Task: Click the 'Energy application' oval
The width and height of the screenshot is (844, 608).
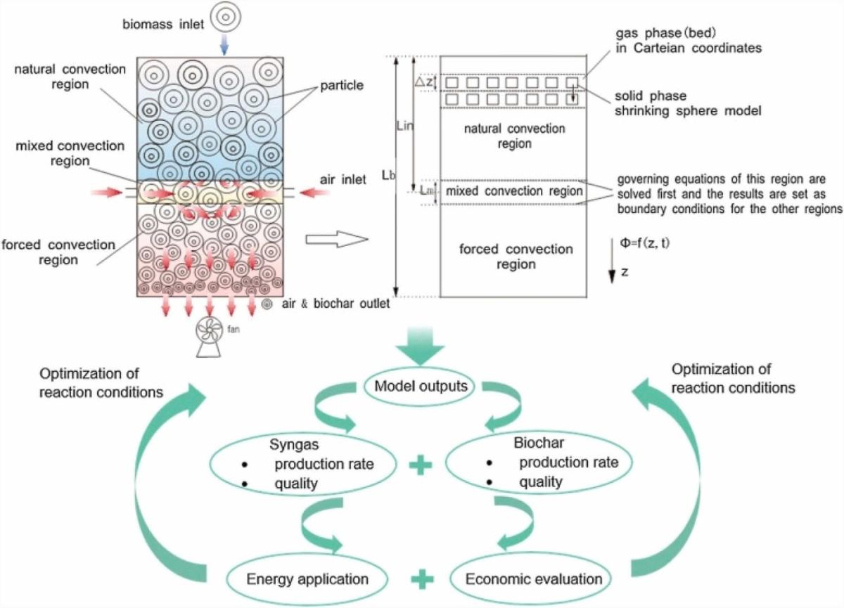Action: (308, 579)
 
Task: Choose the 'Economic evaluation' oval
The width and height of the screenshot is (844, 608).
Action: (534, 579)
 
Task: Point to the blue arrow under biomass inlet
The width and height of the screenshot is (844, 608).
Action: (223, 46)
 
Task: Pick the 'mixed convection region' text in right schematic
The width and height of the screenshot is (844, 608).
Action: (515, 191)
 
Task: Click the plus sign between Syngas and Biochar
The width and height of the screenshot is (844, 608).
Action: (420, 466)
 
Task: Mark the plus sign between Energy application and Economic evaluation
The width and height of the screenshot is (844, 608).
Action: (420, 580)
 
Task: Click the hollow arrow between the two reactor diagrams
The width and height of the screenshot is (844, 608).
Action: (338, 241)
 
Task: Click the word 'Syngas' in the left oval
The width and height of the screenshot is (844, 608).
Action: (293, 445)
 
